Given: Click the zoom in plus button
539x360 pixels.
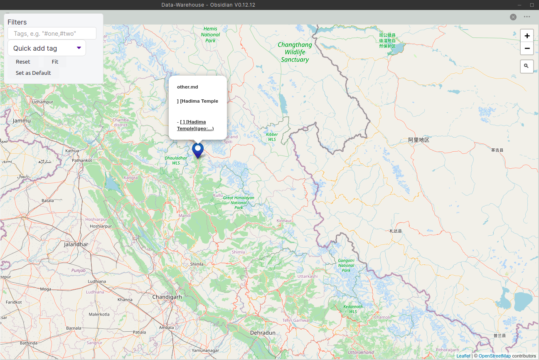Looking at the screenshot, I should pyautogui.click(x=527, y=36).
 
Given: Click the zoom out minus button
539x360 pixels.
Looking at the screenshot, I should pyautogui.click(x=527, y=49).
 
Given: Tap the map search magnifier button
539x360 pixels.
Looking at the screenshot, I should pyautogui.click(x=527, y=66).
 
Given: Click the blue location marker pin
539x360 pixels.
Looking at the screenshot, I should pyautogui.click(x=198, y=150).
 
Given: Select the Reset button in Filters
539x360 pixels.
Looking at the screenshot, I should pyautogui.click(x=23, y=62).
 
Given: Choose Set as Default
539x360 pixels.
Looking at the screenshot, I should pyautogui.click(x=33, y=73).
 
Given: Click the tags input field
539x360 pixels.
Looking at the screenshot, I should pyautogui.click(x=52, y=33).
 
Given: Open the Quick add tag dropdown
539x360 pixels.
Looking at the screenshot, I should pyautogui.click(x=47, y=48).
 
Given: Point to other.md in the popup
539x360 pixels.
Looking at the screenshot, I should pyautogui.click(x=187, y=87).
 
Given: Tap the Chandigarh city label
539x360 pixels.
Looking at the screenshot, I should pyautogui.click(x=167, y=297).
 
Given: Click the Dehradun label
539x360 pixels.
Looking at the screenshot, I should pyautogui.click(x=263, y=333).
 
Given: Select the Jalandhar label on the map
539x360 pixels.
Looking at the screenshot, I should pyautogui.click(x=76, y=244).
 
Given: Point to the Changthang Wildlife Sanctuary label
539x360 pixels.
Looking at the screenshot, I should pyautogui.click(x=295, y=52).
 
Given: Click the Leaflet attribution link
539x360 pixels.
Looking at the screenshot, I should pyautogui.click(x=463, y=356).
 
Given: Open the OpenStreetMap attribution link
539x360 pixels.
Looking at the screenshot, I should pyautogui.click(x=495, y=356).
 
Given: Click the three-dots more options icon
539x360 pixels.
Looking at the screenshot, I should pyautogui.click(x=527, y=17).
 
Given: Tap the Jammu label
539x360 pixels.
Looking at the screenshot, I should pyautogui.click(x=22, y=121).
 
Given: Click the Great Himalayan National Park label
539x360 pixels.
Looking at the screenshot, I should pyautogui.click(x=239, y=203).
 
